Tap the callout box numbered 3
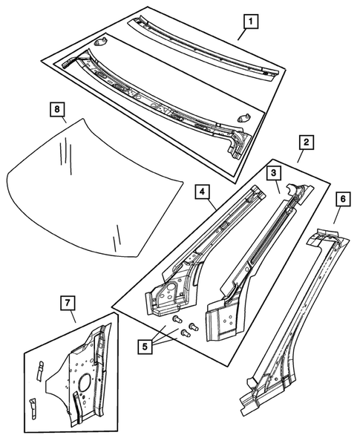click(x=275, y=173)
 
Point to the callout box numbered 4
click(x=202, y=192)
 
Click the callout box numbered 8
click(x=56, y=109)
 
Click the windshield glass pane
click(x=96, y=186)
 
